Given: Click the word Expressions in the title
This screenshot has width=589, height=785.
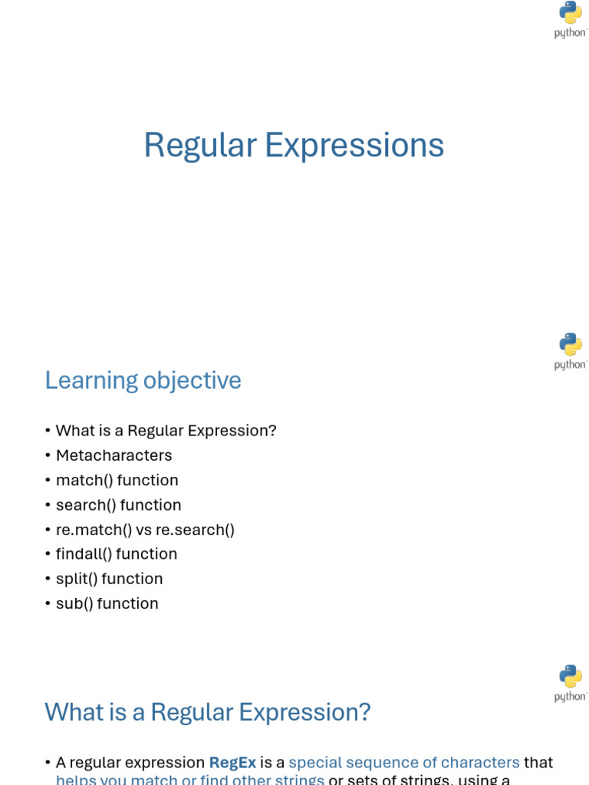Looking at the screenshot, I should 354,146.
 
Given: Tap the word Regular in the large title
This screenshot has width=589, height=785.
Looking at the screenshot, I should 200,146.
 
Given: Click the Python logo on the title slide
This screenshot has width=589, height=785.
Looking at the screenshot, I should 571,19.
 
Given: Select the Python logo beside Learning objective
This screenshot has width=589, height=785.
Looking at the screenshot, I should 571,350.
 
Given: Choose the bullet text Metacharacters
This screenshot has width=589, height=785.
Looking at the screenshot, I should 114,455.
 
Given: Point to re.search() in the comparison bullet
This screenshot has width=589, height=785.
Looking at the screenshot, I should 195,530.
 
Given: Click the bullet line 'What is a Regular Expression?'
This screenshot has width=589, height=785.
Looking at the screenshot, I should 166,431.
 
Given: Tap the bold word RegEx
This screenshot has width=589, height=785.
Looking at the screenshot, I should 232,763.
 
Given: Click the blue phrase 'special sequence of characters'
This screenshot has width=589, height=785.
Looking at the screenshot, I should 404,763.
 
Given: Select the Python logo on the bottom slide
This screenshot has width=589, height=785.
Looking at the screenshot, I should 571,682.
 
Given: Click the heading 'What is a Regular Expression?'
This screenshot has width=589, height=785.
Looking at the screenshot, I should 208,712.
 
